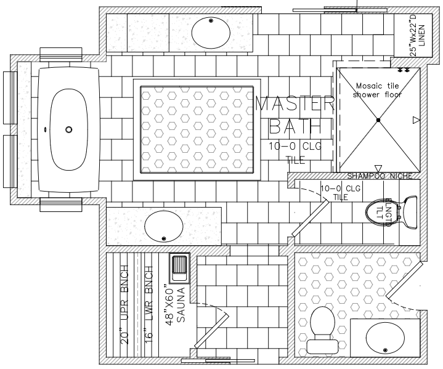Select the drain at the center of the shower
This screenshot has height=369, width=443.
tap(378, 118)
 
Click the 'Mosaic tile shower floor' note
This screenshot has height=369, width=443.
tap(377, 90)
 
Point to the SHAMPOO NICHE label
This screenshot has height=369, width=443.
tap(378, 176)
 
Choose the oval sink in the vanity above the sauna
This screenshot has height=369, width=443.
tap(164, 227)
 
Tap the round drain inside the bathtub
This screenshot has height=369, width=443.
tap(69, 129)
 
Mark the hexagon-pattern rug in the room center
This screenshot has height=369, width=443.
tap(197, 130)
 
